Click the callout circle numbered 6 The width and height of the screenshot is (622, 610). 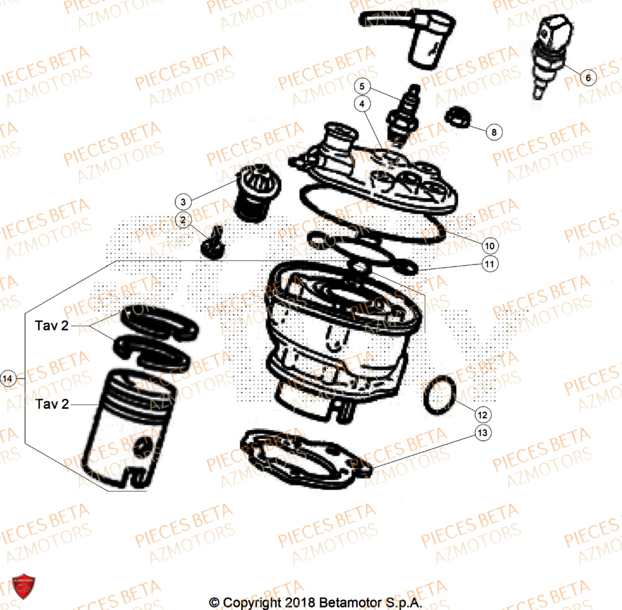click(x=588, y=78)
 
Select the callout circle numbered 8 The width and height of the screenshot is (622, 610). click(x=493, y=132)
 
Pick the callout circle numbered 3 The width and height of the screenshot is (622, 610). click(x=182, y=202)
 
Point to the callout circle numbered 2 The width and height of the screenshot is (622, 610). click(x=182, y=219)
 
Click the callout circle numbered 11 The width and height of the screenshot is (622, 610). click(x=489, y=264)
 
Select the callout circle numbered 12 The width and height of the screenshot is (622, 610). click(x=483, y=414)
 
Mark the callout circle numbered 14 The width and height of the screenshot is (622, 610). click(x=7, y=378)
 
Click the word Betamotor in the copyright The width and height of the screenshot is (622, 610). click(x=346, y=603)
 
